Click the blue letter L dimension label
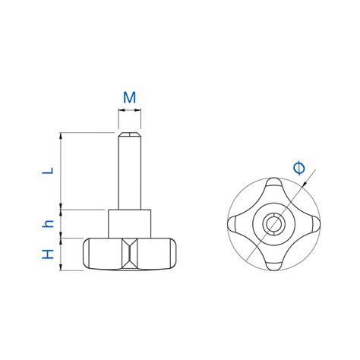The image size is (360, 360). coord(47,171)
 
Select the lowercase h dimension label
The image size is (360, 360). coord(47,223)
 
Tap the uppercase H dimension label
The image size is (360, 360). coord(47,254)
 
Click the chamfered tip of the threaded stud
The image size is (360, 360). coord(130,137)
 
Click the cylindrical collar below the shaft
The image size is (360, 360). coord(130,223)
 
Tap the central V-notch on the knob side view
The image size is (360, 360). coord(130,253)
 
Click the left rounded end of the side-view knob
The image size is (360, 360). coord(88,254)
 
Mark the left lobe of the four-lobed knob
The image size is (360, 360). coord(237,224)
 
